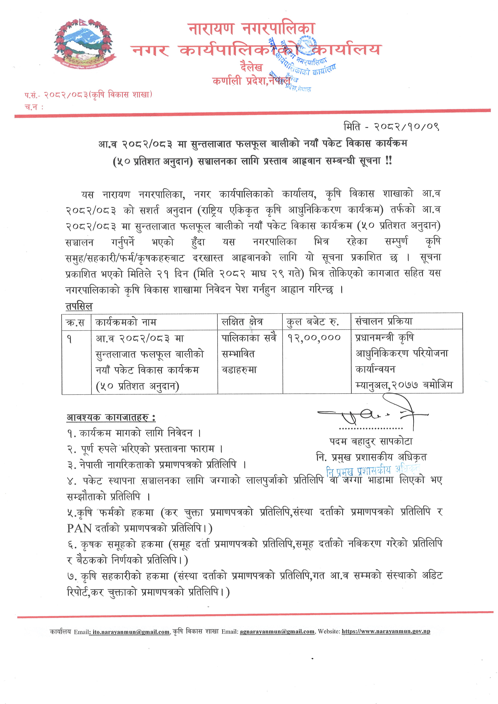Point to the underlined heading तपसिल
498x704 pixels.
(79, 306)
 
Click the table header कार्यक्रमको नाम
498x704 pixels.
(126, 322)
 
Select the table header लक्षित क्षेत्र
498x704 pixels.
(242, 322)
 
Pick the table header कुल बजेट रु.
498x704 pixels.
(312, 322)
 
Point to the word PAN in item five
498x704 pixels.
(79, 528)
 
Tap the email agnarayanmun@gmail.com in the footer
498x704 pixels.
(277, 632)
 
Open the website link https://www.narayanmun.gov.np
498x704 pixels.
(386, 632)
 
